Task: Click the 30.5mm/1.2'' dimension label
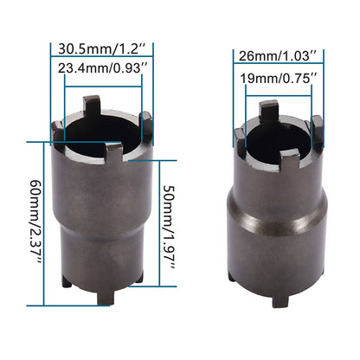click(x=101, y=48)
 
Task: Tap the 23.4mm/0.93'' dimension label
click(x=103, y=68)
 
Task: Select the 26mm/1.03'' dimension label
click(x=278, y=55)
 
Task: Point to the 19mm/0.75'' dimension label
click(x=279, y=78)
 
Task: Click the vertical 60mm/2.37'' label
click(x=36, y=222)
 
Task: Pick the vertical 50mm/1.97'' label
click(x=170, y=228)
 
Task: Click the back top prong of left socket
click(x=93, y=106)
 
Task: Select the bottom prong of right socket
click(x=280, y=299)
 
